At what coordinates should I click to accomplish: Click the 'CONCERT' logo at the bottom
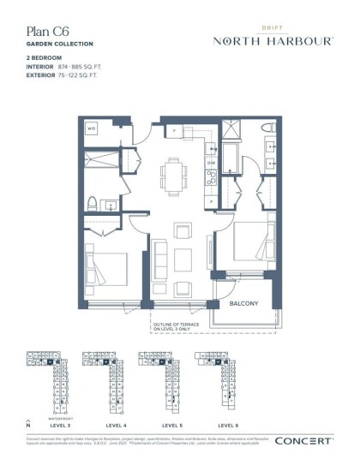pyautogui.click(x=303, y=442)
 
